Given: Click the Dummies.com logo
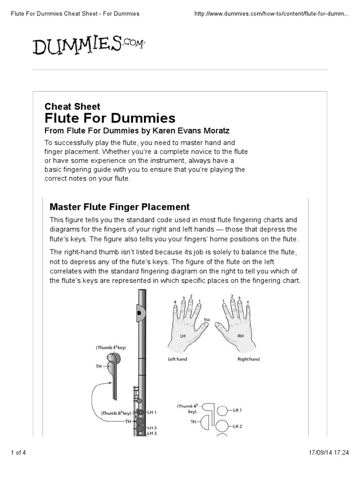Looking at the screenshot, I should [x=89, y=45].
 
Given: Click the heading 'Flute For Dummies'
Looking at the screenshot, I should [x=110, y=118].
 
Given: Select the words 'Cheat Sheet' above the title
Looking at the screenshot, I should [x=72, y=106].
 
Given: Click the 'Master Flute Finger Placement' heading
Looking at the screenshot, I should [x=120, y=207].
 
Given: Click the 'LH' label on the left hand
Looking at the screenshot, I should [x=183, y=336].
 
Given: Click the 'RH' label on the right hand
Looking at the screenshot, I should [x=241, y=336].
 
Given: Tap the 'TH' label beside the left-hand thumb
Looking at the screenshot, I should [x=206, y=320].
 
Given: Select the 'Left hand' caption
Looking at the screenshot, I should [x=178, y=360].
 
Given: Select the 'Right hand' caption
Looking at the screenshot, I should [x=248, y=360].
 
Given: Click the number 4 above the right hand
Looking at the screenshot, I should [x=248, y=301].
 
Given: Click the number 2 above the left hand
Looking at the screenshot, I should [x=191, y=296].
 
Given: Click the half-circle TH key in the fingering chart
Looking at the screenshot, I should [x=207, y=422].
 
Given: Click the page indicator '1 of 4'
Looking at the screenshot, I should [x=19, y=452].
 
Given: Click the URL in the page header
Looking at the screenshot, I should [x=271, y=14].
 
